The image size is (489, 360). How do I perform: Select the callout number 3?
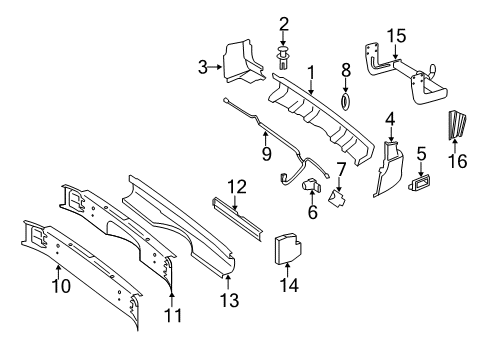point(202,67)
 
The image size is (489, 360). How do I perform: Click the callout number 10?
point(59,296)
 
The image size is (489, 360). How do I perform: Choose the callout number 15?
point(397,35)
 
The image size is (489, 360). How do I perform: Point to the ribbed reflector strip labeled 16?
point(461,125)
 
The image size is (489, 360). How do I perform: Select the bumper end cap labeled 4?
point(391,165)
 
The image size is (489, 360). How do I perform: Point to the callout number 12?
point(236,185)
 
